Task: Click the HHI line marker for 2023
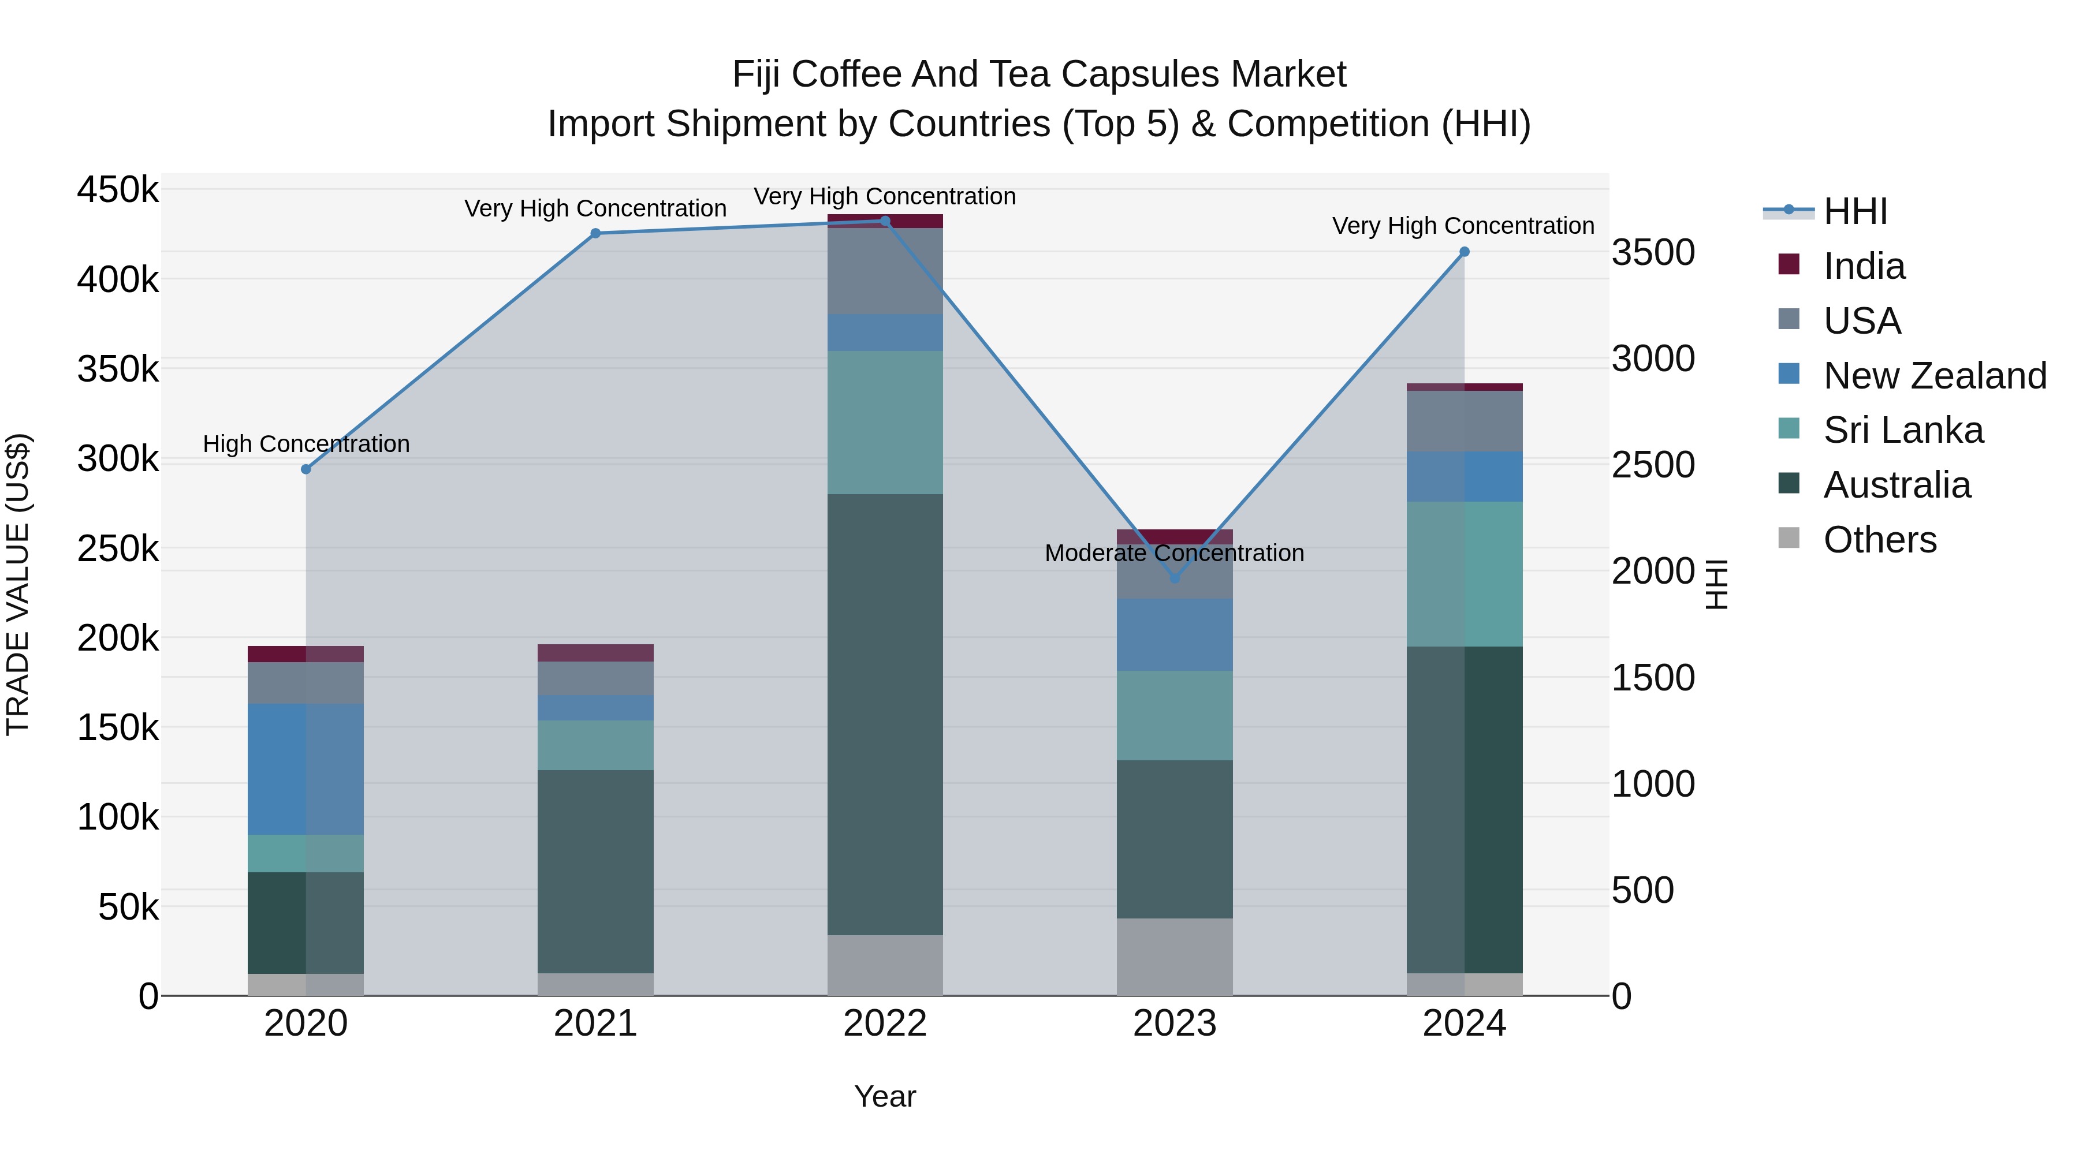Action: pyautogui.click(x=1174, y=578)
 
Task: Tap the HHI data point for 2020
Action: pyautogui.click(x=306, y=469)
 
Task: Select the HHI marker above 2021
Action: pyautogui.click(x=595, y=233)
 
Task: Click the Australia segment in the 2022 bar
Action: pyautogui.click(x=885, y=714)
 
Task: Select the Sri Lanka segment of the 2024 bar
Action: pyautogui.click(x=1464, y=574)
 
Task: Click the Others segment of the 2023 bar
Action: pyautogui.click(x=1174, y=956)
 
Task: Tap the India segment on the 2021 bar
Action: pyautogui.click(x=595, y=653)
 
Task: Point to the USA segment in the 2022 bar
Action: pyautogui.click(x=885, y=271)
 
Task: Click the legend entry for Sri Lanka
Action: pyautogui.click(x=1902, y=430)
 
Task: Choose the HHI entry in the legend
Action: pyautogui.click(x=1854, y=211)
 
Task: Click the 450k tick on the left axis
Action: pyautogui.click(x=118, y=191)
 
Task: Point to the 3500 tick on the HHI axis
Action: pyautogui.click(x=1653, y=252)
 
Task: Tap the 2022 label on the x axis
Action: pyautogui.click(x=885, y=1024)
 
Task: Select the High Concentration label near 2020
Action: pyautogui.click(x=306, y=444)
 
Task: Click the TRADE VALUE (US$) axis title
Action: pyautogui.click(x=18, y=584)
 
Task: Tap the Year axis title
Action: pyautogui.click(x=885, y=1096)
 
